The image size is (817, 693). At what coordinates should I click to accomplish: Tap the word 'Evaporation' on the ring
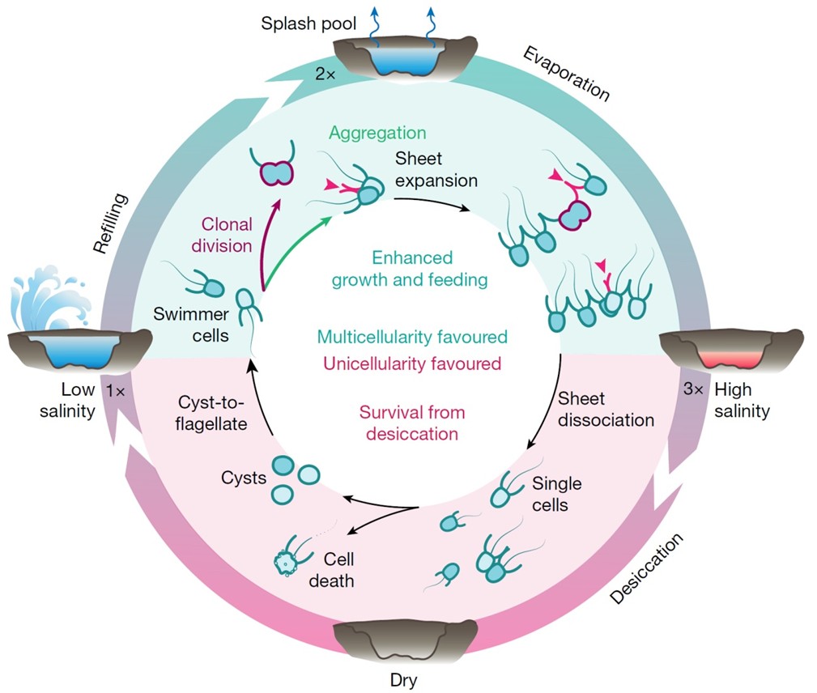tap(566, 74)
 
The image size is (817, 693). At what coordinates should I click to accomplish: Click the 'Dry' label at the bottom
tap(402, 678)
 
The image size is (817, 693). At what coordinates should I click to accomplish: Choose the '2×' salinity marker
tap(326, 74)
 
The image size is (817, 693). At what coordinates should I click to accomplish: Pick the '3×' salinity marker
tap(693, 390)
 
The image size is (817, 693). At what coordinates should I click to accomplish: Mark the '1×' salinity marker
tap(114, 391)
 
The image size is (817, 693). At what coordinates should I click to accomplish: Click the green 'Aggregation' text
tap(377, 133)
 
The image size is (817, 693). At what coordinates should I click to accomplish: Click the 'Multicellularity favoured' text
tap(413, 336)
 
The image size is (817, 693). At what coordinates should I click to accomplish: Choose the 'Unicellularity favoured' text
tap(414, 363)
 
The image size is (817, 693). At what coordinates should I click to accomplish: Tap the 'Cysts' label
tap(244, 478)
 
